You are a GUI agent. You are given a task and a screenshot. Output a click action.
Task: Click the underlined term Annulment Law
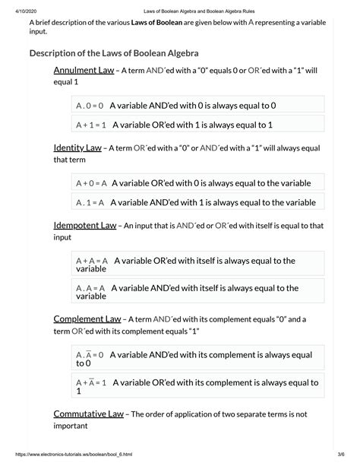(x=84, y=70)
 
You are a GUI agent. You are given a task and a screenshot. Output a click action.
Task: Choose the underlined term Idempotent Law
(x=85, y=226)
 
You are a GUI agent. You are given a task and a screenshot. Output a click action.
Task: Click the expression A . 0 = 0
(x=90, y=106)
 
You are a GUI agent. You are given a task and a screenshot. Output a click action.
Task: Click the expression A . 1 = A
(x=90, y=202)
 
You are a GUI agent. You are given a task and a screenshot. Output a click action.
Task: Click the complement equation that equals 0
(x=90, y=354)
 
